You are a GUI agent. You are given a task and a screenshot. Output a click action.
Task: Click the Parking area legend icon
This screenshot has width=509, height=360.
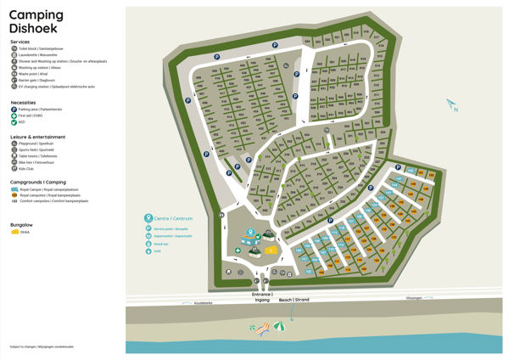[x=14, y=109]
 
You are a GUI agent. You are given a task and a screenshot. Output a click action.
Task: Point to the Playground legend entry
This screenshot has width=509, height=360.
[x=34, y=143]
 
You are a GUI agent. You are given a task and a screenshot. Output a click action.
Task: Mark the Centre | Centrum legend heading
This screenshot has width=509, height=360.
[x=169, y=217]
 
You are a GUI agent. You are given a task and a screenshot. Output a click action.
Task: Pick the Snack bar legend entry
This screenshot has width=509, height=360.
[x=160, y=243]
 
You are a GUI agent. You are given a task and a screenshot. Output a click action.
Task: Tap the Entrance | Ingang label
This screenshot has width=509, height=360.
[x=261, y=297]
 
